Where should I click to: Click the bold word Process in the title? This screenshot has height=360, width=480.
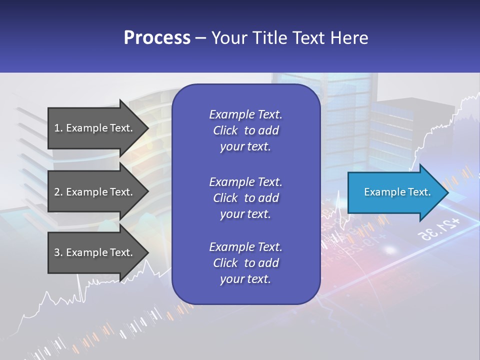click(157, 38)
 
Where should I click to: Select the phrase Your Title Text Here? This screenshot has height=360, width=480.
click(289, 38)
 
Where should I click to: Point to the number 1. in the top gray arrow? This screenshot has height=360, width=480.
click(58, 128)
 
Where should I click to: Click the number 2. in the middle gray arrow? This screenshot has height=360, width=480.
click(58, 192)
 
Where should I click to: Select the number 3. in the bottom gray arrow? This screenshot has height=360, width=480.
click(58, 252)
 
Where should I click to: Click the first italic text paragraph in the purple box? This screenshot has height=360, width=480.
click(245, 130)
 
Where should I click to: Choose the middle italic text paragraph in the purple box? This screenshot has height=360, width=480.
click(245, 197)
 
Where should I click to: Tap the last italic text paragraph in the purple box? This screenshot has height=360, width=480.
click(245, 263)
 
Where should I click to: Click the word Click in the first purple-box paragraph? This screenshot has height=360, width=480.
click(225, 130)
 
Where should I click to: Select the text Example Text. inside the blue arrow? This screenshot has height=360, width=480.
click(397, 192)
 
